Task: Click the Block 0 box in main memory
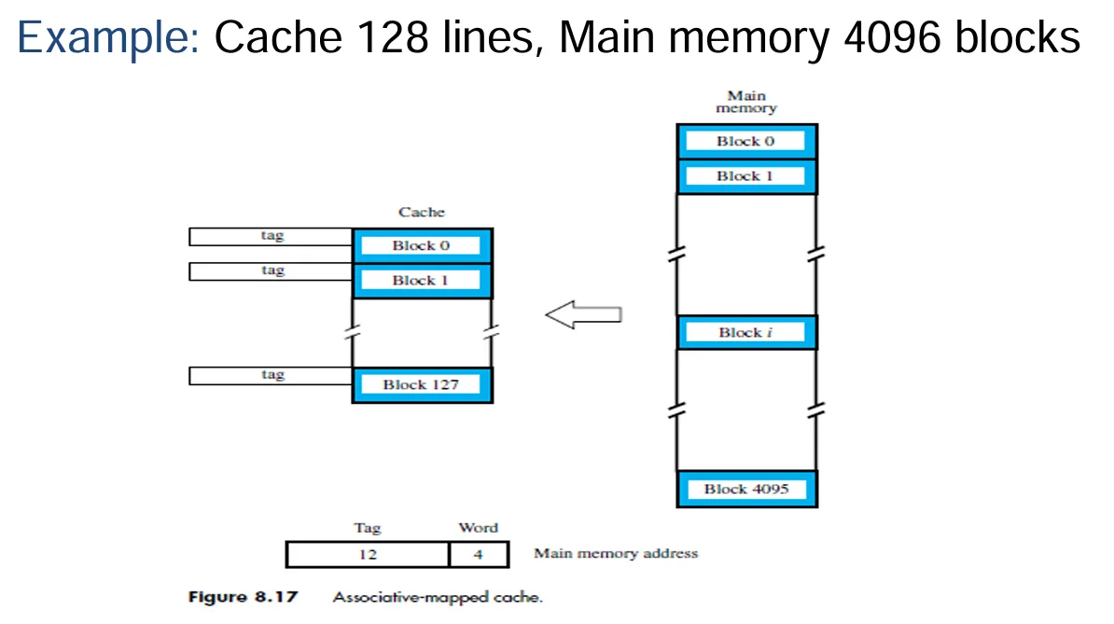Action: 746,142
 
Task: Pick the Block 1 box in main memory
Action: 746,176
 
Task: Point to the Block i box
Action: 746,333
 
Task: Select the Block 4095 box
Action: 746,489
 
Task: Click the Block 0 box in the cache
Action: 422,245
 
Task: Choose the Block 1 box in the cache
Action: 422,280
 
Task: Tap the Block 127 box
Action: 422,384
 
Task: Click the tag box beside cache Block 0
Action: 271,237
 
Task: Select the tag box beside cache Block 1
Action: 271,271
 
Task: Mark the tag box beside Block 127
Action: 271,375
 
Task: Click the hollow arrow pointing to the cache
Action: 583,315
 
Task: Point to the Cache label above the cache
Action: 422,213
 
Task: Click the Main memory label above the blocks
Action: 746,102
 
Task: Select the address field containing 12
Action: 367,555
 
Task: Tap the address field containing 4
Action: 478,555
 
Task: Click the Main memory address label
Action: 616,553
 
